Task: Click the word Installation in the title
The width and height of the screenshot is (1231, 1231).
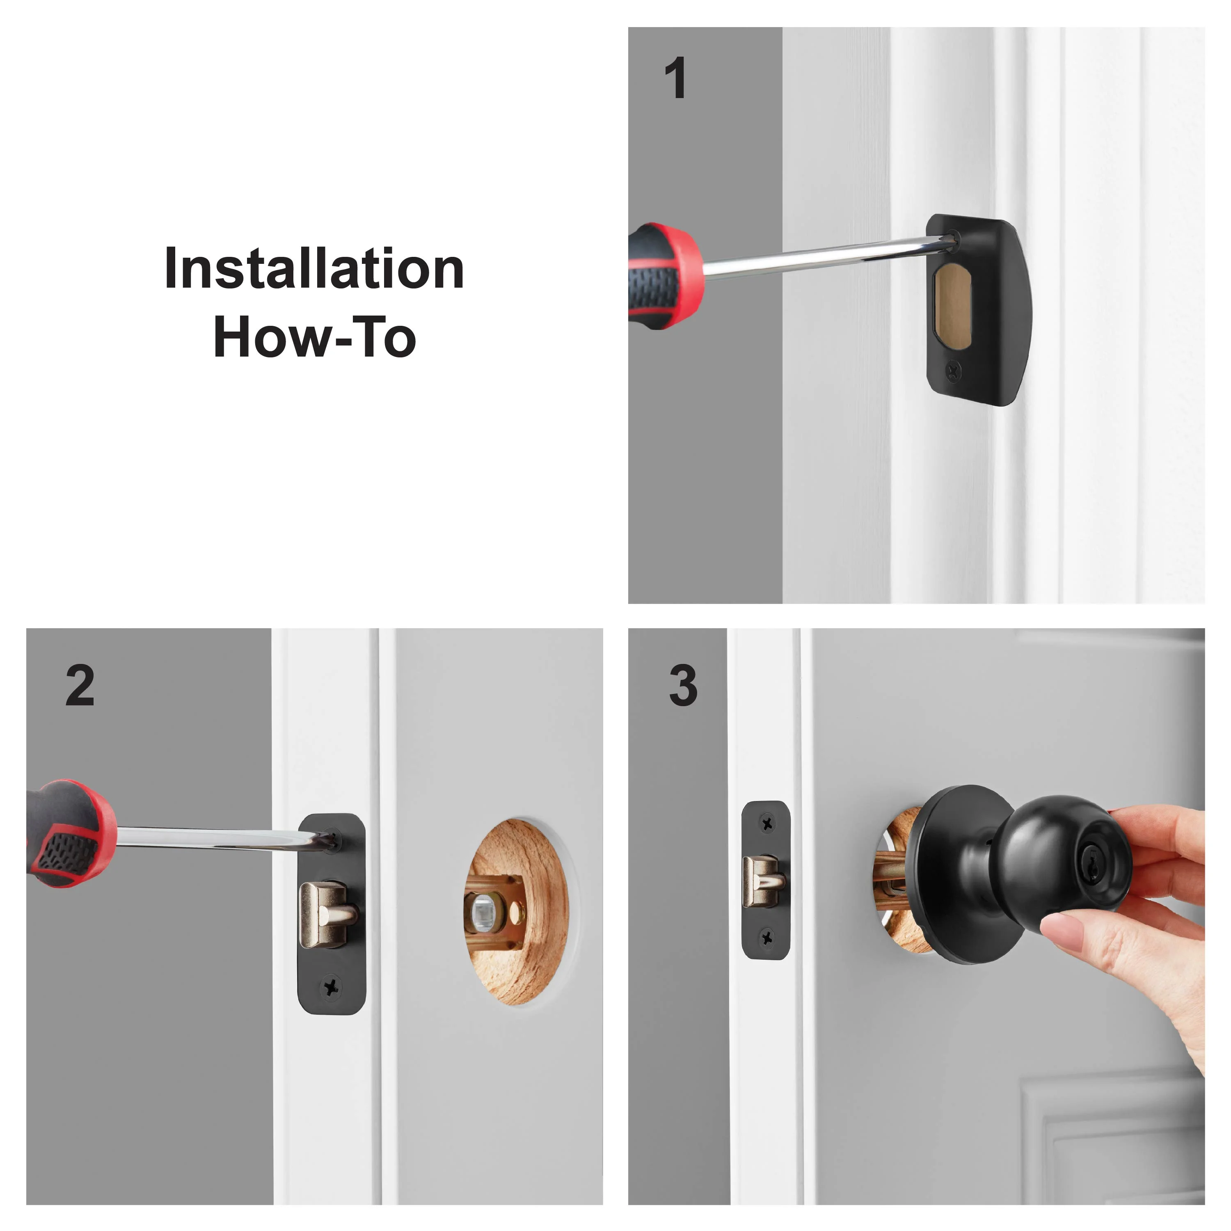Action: coord(314,268)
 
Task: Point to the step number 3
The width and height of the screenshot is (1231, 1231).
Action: coord(683,686)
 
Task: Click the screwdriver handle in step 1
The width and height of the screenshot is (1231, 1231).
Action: coord(665,275)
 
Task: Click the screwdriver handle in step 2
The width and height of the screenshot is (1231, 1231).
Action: coord(70,833)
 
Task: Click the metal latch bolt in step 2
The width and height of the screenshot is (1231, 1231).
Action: coord(329,915)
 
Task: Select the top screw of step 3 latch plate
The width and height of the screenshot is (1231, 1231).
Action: coord(767,823)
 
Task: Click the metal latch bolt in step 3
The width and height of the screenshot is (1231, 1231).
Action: coord(764,881)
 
